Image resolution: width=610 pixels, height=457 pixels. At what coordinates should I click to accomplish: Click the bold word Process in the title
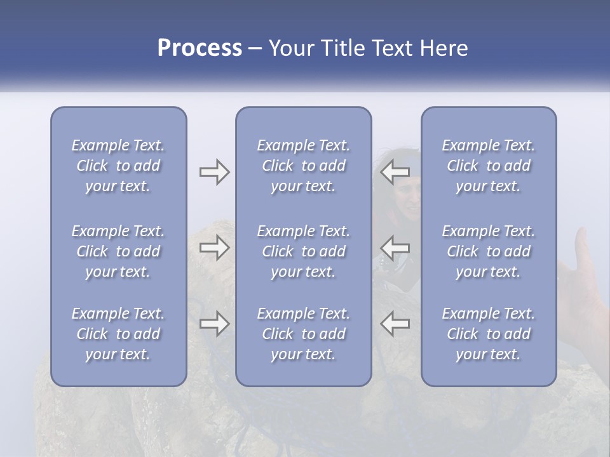[200, 48]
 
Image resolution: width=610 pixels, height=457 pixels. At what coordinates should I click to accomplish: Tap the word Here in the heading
[442, 48]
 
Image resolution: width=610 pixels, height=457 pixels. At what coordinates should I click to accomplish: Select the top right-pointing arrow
[214, 172]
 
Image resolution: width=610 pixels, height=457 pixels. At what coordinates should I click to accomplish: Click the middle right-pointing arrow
[214, 248]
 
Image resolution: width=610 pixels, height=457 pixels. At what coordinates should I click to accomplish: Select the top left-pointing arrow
[395, 172]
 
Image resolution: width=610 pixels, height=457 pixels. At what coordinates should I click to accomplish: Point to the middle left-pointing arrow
[395, 248]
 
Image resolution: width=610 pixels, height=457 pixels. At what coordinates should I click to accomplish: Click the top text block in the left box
[118, 166]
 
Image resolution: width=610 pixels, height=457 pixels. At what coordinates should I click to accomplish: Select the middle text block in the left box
[118, 251]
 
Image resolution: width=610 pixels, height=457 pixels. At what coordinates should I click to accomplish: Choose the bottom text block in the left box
[118, 334]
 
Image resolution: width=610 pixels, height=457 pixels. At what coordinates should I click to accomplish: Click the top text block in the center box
[304, 166]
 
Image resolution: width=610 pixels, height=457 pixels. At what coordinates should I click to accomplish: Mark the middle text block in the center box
[304, 251]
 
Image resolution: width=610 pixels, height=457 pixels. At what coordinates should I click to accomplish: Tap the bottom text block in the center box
[304, 334]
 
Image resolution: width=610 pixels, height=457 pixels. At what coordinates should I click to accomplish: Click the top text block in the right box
[489, 166]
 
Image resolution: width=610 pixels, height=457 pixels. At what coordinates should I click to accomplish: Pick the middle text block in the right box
[489, 251]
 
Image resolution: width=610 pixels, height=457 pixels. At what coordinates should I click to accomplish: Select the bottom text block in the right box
[489, 334]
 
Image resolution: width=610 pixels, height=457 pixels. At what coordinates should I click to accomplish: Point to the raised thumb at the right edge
[581, 244]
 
